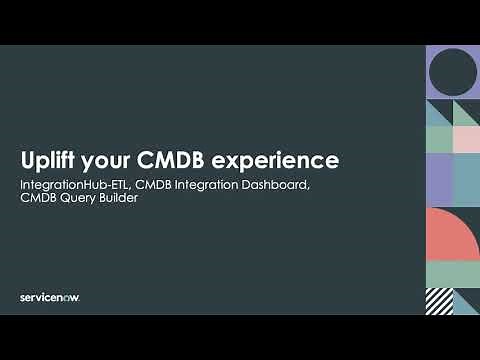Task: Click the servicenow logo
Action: click(x=49, y=297)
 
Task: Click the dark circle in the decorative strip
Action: click(x=452, y=72)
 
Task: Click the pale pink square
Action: click(x=466, y=140)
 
